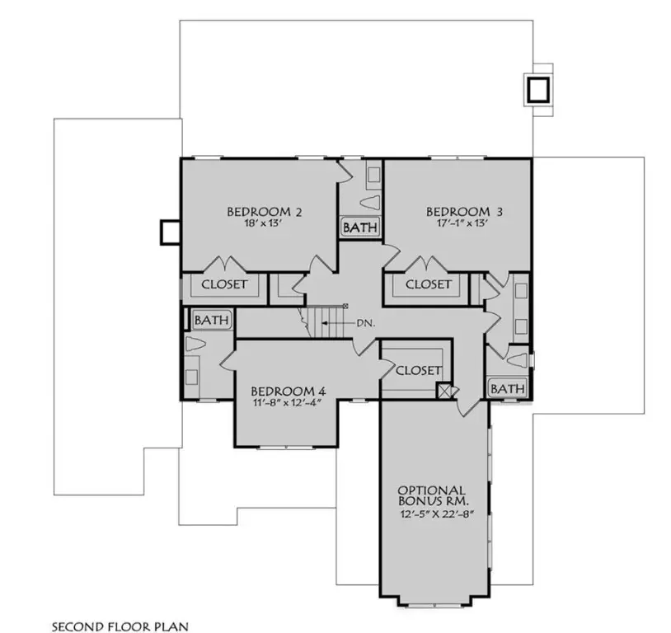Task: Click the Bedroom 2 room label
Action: click(264, 212)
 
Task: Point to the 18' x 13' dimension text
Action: click(264, 223)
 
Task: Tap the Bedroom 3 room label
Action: click(465, 211)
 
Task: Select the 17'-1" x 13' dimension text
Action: click(464, 223)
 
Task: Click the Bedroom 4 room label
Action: click(282, 390)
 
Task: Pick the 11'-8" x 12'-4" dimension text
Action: click(282, 402)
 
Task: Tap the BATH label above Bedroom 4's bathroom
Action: click(211, 319)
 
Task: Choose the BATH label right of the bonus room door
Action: click(507, 387)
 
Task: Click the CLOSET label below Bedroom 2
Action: click(224, 284)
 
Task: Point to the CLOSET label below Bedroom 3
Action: click(429, 284)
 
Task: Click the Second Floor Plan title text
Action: click(120, 626)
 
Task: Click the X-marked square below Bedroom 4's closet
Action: click(446, 391)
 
